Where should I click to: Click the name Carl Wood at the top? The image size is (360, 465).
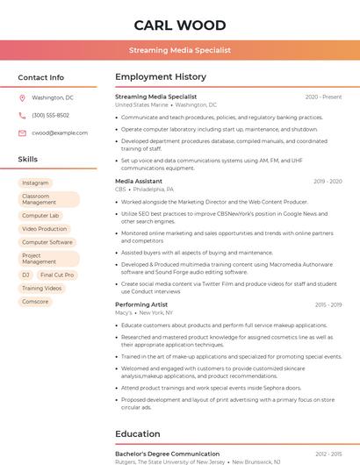180,25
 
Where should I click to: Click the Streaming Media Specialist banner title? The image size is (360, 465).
180,51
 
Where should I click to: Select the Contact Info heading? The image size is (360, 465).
40,77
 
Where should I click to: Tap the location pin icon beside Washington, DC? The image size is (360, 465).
23,97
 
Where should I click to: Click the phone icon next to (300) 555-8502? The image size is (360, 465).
23,115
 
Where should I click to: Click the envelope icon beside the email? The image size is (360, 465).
23,132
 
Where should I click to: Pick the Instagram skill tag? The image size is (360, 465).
35,182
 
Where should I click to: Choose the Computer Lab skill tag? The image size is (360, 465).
40,215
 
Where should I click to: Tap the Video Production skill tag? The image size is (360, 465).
44,228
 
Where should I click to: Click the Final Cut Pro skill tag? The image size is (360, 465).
57,275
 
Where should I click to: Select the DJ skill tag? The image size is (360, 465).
25,275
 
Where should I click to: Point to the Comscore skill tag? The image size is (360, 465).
35,301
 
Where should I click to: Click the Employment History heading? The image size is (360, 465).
161,77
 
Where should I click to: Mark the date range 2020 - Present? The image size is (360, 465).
323,97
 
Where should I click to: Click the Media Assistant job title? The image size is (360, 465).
139,181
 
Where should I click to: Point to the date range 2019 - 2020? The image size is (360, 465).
327,181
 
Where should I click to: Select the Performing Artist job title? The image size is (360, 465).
140,304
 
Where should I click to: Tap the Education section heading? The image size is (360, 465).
138,433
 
